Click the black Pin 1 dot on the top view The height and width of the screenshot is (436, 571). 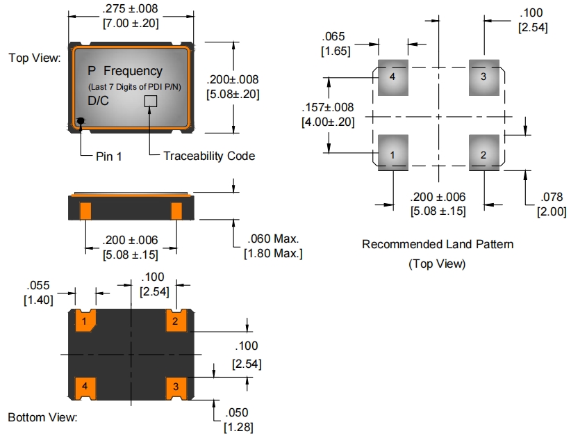coord(81,121)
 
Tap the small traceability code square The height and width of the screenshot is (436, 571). coord(150,102)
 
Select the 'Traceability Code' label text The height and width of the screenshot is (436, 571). coord(209,156)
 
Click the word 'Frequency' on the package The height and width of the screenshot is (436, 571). coord(133,71)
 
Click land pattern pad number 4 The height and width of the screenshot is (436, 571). coord(392,76)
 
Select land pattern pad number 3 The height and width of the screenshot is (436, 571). coord(484,76)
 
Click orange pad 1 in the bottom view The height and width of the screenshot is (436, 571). coord(85,321)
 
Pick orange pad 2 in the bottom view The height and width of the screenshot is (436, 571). coord(175,321)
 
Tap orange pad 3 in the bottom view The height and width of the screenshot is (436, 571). coord(175,386)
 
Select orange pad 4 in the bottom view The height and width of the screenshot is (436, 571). coord(85,386)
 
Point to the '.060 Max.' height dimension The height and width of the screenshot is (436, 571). coord(272,239)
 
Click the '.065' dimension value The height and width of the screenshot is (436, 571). coord(336,37)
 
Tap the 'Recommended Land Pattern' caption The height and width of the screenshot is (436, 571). coord(438,245)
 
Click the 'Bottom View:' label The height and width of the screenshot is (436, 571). coord(42,417)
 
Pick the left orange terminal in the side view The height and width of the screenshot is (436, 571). coord(86,209)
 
